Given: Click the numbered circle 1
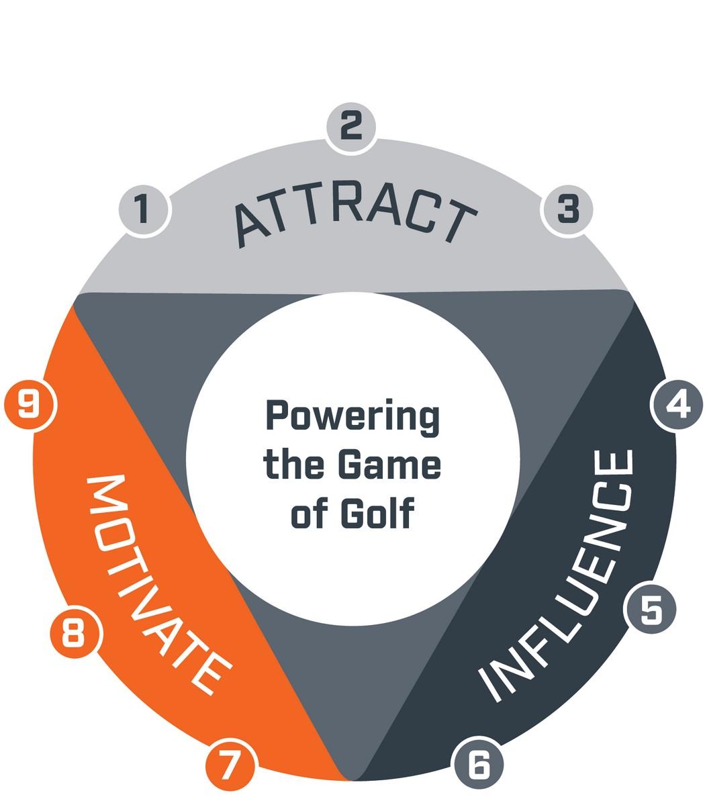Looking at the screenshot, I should [x=144, y=209].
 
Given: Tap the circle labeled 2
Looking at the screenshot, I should [x=351, y=126].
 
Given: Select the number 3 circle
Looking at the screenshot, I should [x=568, y=209].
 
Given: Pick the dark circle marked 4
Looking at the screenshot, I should [x=677, y=405].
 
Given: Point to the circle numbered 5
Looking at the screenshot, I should [x=651, y=609].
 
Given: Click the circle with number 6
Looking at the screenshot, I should [x=478, y=764].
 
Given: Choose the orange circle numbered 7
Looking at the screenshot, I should [x=230, y=765].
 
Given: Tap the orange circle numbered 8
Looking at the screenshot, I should [x=75, y=632].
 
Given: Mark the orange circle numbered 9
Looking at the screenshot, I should [x=30, y=404].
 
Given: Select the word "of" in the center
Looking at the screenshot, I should [x=310, y=514].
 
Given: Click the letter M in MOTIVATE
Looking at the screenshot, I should [x=106, y=493].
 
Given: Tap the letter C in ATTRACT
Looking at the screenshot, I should [x=424, y=212].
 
